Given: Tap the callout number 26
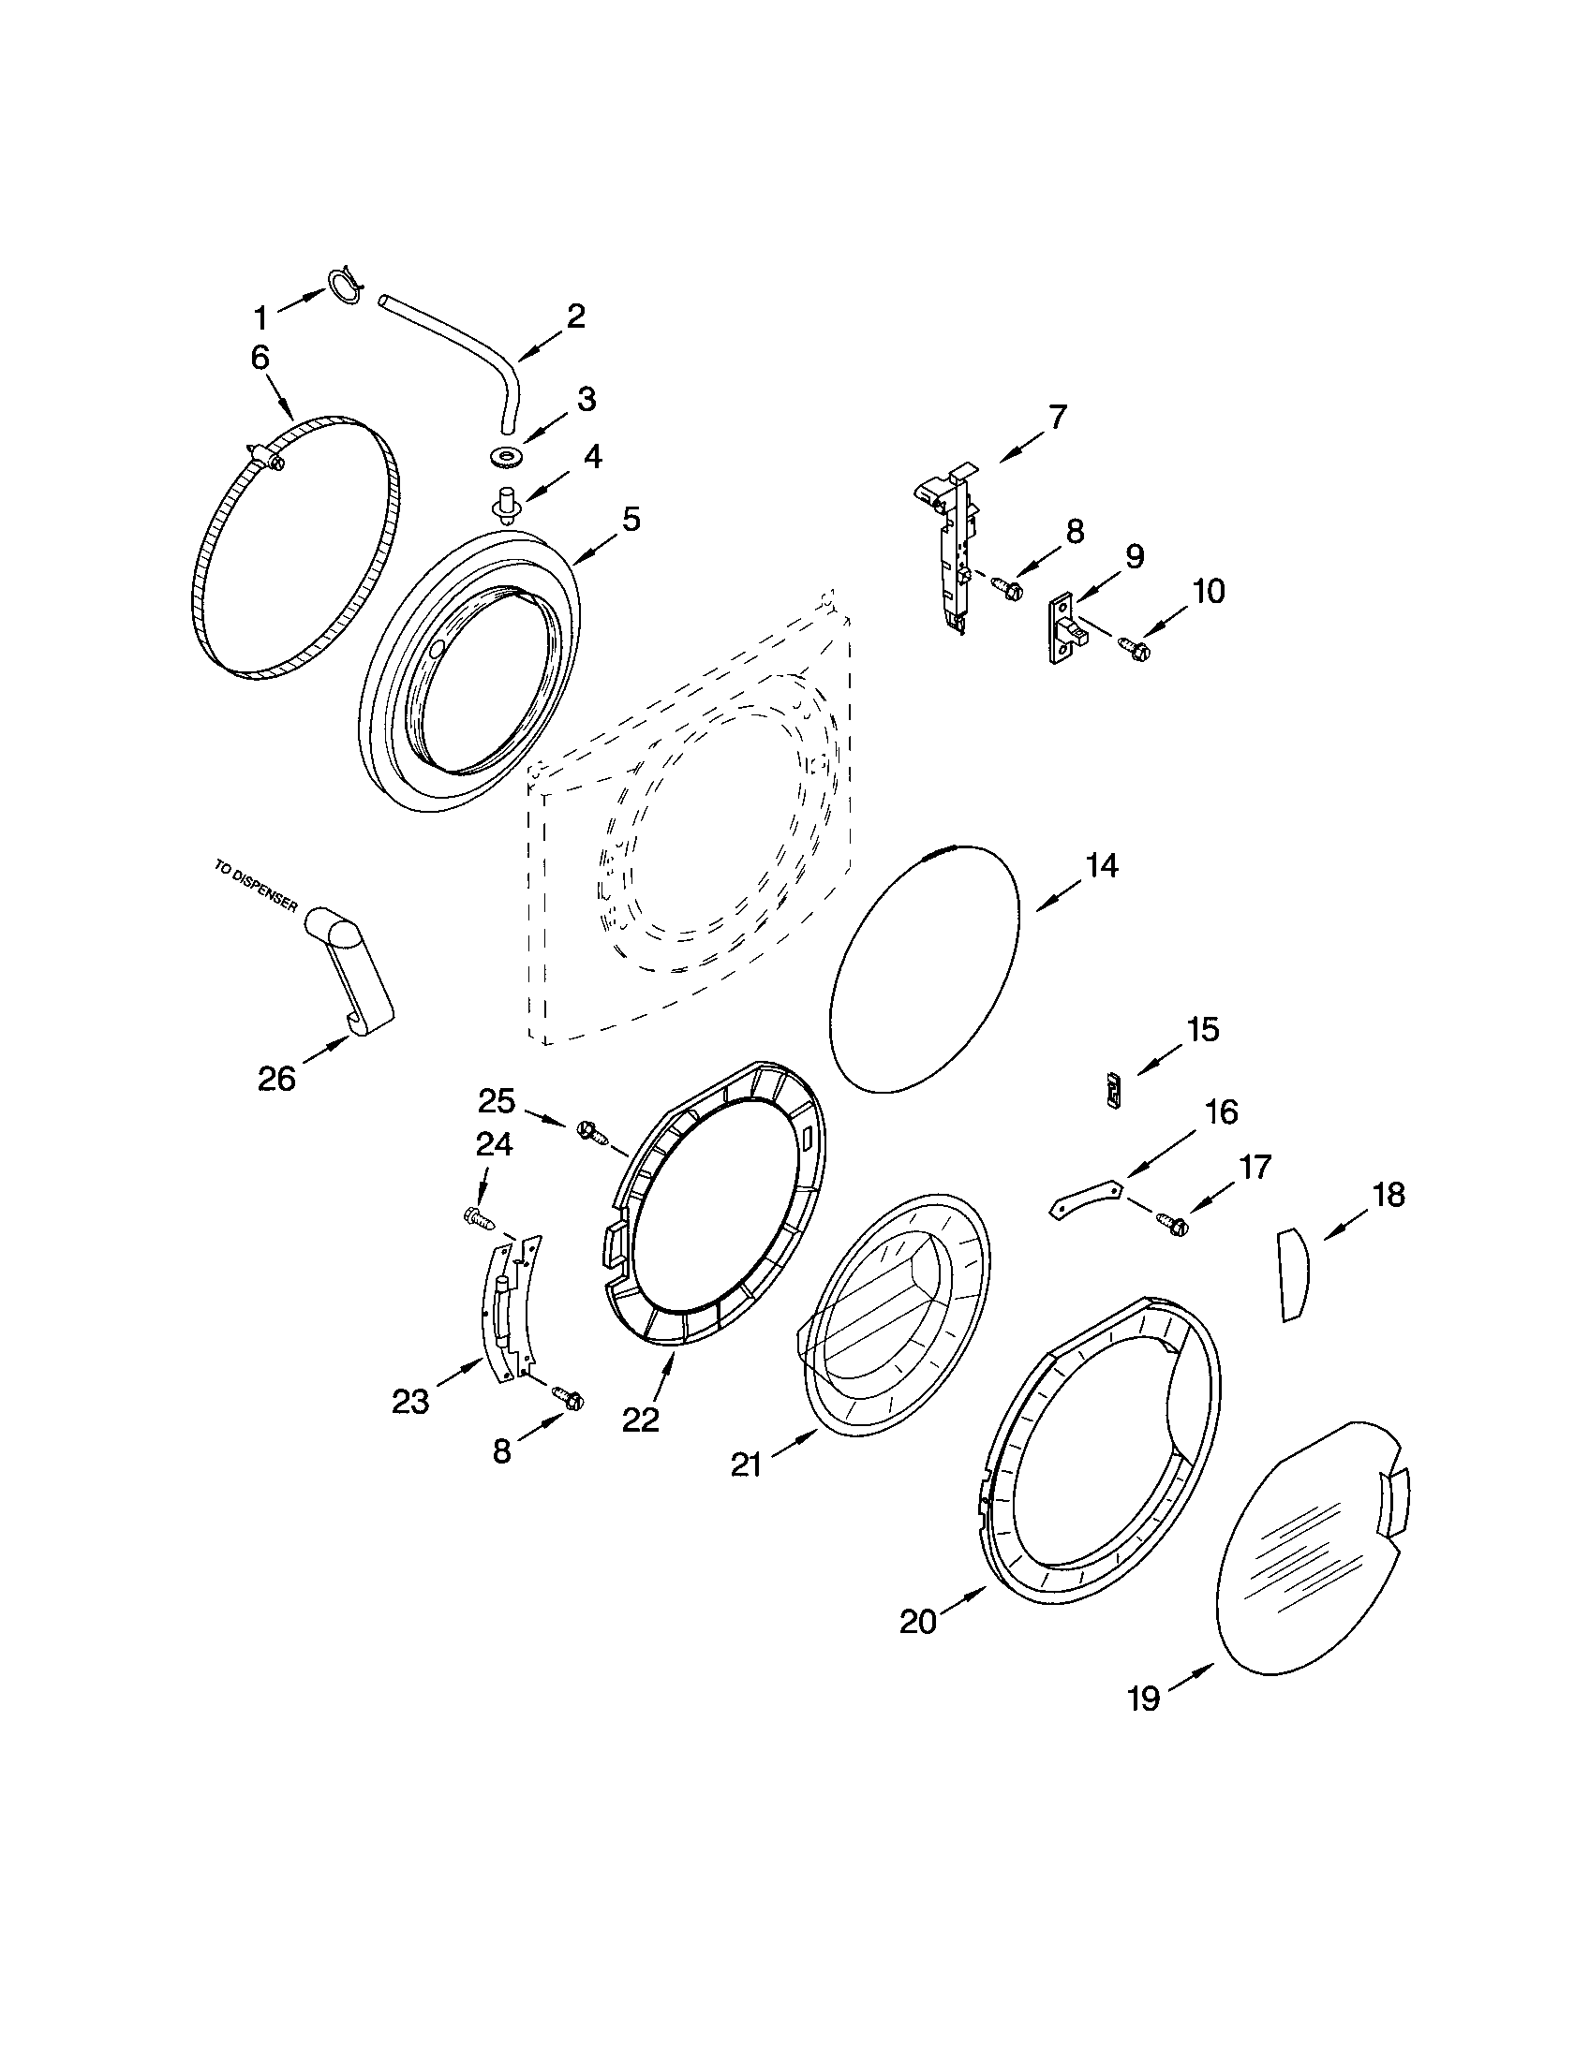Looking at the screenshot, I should pos(276,1077).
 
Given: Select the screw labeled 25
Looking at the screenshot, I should pos(589,1131).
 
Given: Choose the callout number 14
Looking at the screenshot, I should pos(1100,866).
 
